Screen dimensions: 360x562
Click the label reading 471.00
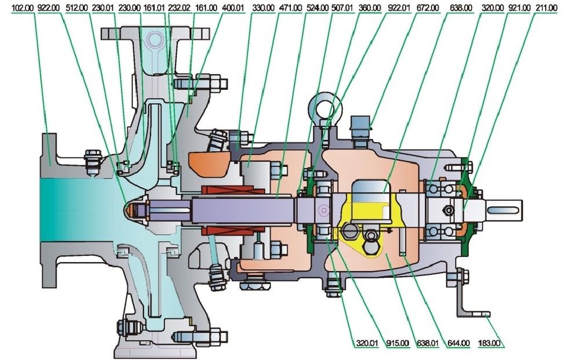[x=290, y=8]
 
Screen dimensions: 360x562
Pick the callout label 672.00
[x=427, y=8]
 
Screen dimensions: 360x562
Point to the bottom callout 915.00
[x=396, y=343]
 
